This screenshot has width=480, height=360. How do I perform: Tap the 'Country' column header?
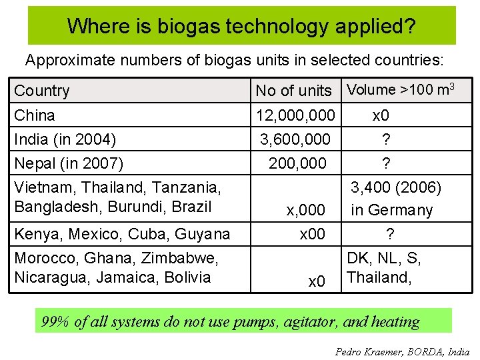(41, 91)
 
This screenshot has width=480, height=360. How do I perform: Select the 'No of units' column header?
(293, 91)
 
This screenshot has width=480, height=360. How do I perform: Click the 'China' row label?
(35, 115)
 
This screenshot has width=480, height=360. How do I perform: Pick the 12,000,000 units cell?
(295, 115)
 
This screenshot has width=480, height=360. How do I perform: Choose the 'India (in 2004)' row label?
(65, 139)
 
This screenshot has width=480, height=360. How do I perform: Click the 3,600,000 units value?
(295, 139)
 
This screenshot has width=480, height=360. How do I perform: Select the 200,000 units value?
(297, 163)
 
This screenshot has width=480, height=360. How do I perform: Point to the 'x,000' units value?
(305, 211)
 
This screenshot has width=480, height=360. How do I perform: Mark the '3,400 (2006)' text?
(396, 188)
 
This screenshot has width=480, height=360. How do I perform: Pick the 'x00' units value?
(312, 234)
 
